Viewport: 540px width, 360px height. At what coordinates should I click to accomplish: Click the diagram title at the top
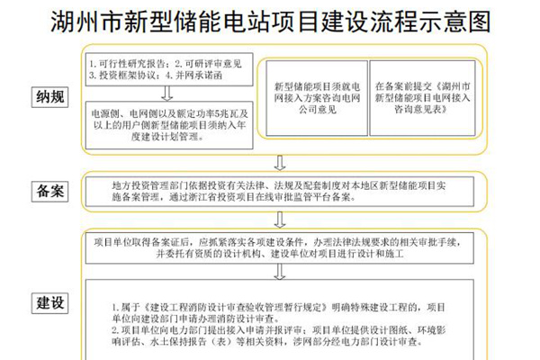tap(270, 20)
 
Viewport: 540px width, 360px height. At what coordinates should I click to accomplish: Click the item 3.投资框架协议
tap(125, 76)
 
